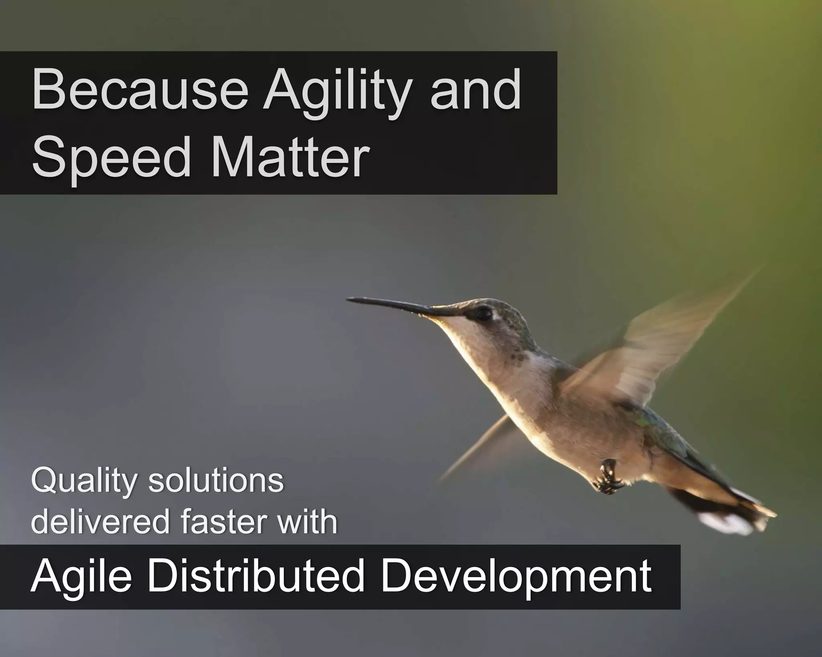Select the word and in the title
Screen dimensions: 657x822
pyautogui.click(x=476, y=90)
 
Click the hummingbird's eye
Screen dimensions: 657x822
pyautogui.click(x=483, y=314)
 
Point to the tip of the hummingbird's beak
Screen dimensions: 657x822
pyautogui.click(x=348, y=299)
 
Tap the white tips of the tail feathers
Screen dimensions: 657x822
pyautogui.click(x=722, y=522)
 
